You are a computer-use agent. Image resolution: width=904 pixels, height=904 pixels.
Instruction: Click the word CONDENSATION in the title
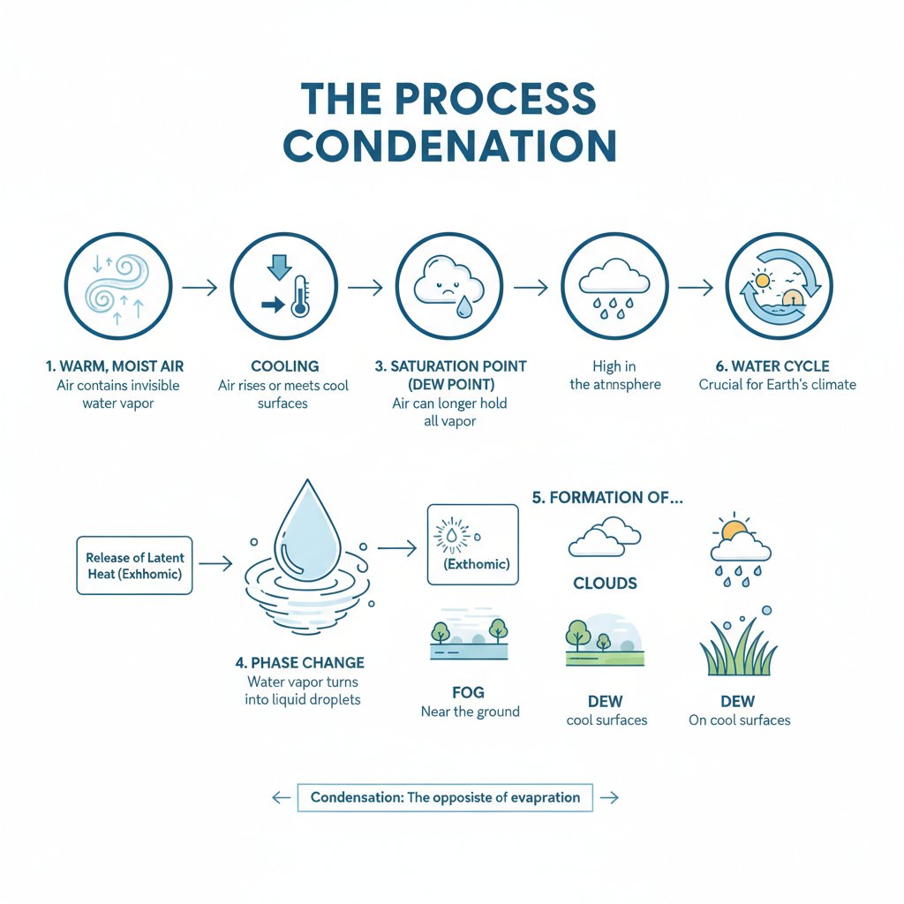(452, 145)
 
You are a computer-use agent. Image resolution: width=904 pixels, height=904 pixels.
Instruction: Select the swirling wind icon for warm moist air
(119, 284)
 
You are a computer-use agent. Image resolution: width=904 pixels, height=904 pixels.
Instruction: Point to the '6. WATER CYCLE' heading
(778, 366)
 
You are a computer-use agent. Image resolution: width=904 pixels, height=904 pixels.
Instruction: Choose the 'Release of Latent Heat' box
(134, 565)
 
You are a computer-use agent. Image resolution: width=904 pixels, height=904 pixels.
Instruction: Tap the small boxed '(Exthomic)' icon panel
(472, 544)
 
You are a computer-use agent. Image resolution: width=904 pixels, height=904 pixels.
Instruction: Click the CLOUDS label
(605, 584)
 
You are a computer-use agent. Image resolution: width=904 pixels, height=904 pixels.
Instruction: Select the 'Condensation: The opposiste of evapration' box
(446, 797)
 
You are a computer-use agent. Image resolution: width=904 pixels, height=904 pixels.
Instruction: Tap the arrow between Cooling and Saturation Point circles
(365, 287)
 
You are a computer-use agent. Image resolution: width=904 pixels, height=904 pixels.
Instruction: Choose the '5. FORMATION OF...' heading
(608, 497)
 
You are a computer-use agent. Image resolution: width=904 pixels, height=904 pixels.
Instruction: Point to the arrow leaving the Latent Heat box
(215, 561)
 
